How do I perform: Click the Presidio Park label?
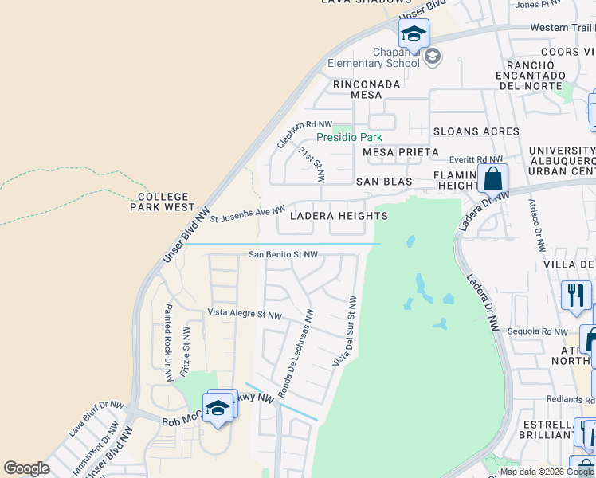pos(349,137)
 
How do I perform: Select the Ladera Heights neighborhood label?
pos(339,216)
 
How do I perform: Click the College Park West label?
pos(163,202)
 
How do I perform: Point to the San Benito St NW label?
pos(284,254)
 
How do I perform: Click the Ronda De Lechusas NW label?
pos(297,353)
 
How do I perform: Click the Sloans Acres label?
pos(476,131)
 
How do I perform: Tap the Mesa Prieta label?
pos(400,151)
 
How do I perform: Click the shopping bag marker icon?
pos(494,178)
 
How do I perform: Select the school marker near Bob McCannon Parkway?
pos(218,407)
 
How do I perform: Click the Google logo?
pos(26,468)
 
